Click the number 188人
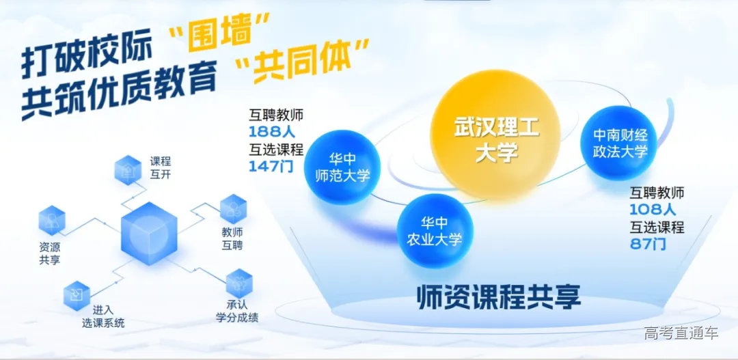(271, 132)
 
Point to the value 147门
(271, 166)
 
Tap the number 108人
(653, 210)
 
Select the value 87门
(648, 244)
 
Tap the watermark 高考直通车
(681, 333)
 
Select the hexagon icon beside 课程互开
(128, 169)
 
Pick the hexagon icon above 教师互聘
(232, 208)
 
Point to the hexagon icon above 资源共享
(52, 220)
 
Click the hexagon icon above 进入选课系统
(76, 294)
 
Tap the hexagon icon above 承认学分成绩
(238, 283)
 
